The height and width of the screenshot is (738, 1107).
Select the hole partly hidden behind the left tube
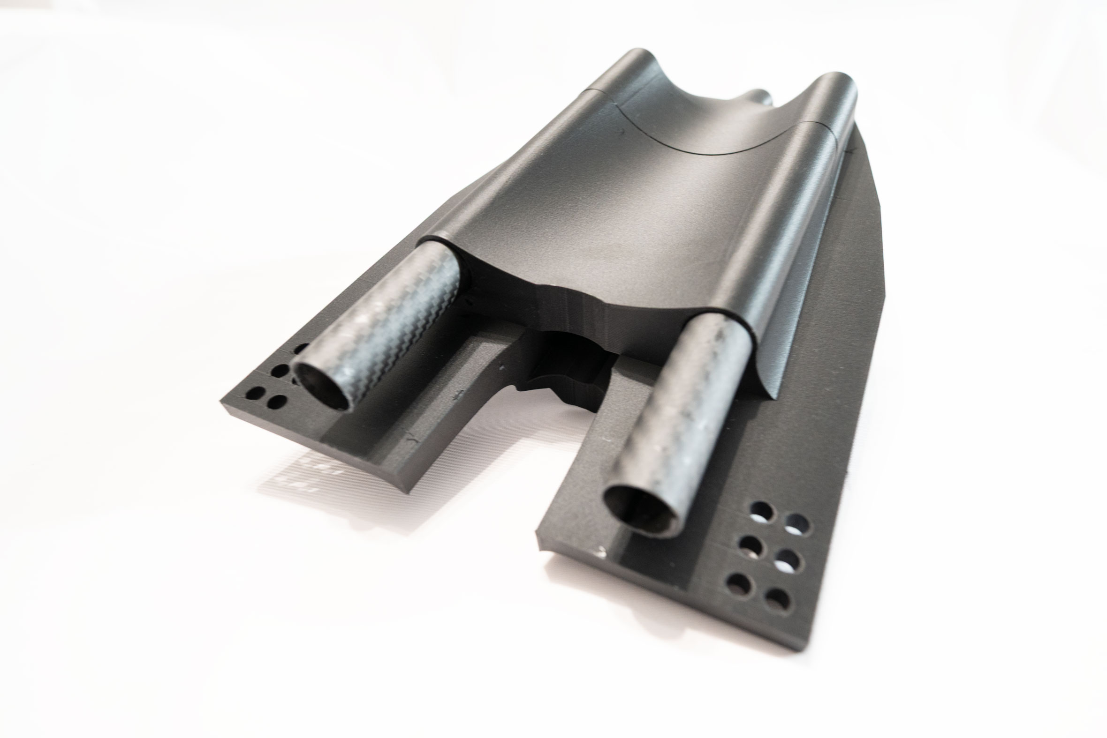[x=301, y=349]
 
